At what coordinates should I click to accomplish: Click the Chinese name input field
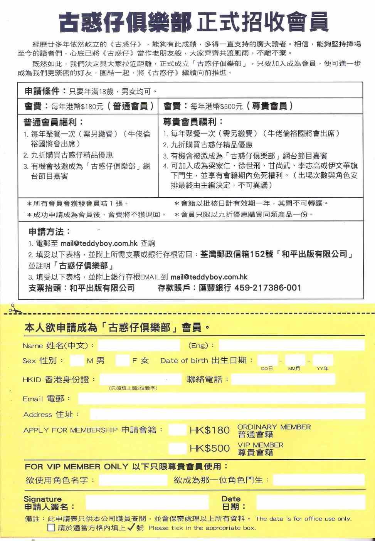tap(139, 345)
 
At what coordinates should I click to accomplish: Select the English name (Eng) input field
tap(291, 345)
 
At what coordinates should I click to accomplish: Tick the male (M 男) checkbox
tap(77, 361)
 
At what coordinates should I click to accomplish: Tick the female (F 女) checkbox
tap(122, 361)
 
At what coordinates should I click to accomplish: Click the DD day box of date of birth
tap(267, 360)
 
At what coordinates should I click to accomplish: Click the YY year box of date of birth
tap(323, 360)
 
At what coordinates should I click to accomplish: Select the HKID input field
tap(140, 379)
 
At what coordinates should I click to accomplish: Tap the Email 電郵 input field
tap(221, 398)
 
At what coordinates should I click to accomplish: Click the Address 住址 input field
tap(227, 414)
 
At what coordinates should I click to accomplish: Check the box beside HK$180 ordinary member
tap(177, 430)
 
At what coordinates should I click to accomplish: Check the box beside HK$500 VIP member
tap(177, 448)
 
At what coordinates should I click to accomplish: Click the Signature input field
tap(147, 502)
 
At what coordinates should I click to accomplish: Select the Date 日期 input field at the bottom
tap(310, 502)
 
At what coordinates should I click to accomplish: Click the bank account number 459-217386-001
tap(267, 287)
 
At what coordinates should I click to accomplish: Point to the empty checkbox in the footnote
tap(51, 528)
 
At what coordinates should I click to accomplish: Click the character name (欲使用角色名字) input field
tap(133, 480)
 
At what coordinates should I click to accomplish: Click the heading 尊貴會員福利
tap(193, 122)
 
